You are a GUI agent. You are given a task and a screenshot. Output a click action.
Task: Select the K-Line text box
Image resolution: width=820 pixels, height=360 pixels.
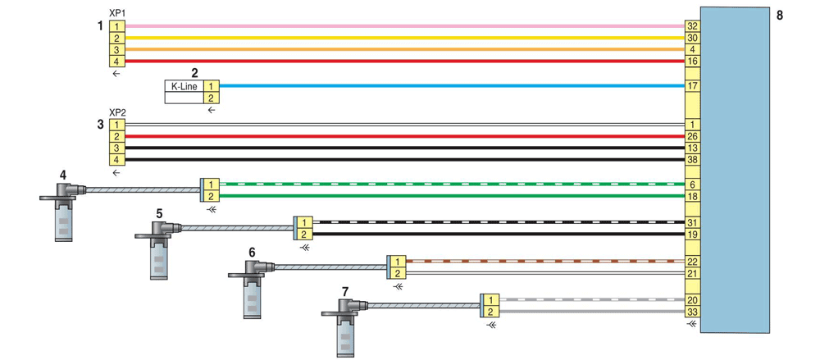[x=184, y=86]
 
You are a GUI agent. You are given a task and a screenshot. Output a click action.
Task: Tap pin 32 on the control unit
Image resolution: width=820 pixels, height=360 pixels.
[x=692, y=26]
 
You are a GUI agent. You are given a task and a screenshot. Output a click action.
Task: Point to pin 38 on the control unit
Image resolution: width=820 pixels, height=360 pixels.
[x=692, y=160]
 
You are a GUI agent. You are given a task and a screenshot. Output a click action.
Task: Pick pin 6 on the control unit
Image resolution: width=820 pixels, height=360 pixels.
[x=692, y=185]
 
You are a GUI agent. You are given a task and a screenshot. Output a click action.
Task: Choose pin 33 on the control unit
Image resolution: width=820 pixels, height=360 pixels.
[x=692, y=312]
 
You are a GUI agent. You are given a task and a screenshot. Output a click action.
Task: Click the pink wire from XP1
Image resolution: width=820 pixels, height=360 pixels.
[x=405, y=26]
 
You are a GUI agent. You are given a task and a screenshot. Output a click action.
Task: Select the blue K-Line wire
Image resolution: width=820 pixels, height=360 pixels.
[x=452, y=86]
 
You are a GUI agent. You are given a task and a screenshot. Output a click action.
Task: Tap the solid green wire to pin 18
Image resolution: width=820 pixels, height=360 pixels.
[x=452, y=196]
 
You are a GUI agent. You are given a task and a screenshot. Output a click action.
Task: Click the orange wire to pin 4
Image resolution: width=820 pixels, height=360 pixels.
[x=405, y=50]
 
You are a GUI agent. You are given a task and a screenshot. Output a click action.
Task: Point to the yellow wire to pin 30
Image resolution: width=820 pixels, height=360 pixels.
[x=405, y=38]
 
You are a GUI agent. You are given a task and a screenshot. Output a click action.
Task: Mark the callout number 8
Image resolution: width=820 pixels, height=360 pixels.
[x=780, y=15]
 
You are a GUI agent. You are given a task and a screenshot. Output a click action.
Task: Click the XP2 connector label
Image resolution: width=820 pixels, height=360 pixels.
[x=116, y=113]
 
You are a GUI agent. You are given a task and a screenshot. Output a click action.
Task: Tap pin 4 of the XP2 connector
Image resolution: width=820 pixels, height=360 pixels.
[x=117, y=160]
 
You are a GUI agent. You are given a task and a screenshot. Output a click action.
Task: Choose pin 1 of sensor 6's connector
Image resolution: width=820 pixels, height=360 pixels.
[x=398, y=261]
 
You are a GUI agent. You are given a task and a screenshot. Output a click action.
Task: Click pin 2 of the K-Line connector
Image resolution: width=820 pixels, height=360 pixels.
[x=212, y=98]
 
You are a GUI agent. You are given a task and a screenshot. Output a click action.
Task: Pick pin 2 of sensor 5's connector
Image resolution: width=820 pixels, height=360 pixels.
[x=305, y=234]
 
